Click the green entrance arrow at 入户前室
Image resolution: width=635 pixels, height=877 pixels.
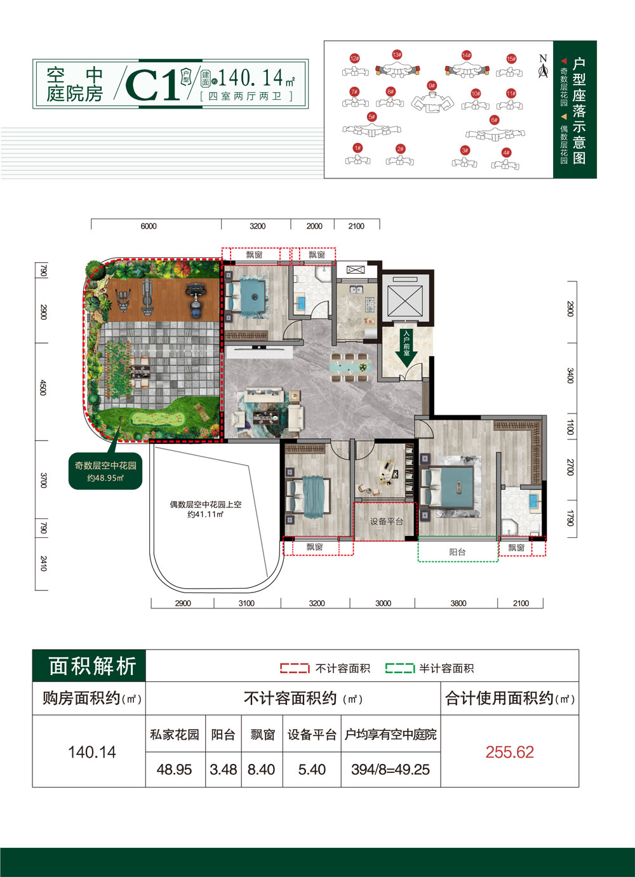click(406, 349)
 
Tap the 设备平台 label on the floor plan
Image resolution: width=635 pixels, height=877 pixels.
click(386, 521)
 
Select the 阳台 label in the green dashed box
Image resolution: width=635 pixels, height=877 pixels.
click(457, 552)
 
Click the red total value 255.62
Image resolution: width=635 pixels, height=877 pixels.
click(509, 752)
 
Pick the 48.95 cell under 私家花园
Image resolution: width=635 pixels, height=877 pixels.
click(174, 769)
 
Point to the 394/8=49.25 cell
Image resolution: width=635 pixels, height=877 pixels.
click(390, 769)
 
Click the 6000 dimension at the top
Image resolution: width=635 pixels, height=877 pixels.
click(149, 226)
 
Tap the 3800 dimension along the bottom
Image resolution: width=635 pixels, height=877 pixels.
click(458, 603)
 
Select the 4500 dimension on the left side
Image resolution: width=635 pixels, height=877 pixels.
click(43, 387)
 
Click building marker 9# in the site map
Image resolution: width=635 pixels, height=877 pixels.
click(432, 86)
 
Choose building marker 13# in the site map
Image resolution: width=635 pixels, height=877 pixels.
click(397, 55)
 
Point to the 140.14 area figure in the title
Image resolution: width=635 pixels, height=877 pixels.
click(251, 78)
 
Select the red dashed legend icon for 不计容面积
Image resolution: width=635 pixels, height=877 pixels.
click(295, 668)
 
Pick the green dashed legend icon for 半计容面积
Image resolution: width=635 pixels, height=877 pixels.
click(399, 668)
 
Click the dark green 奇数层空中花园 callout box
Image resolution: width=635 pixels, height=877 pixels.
click(105, 471)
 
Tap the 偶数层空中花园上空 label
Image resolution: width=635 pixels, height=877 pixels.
click(205, 509)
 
